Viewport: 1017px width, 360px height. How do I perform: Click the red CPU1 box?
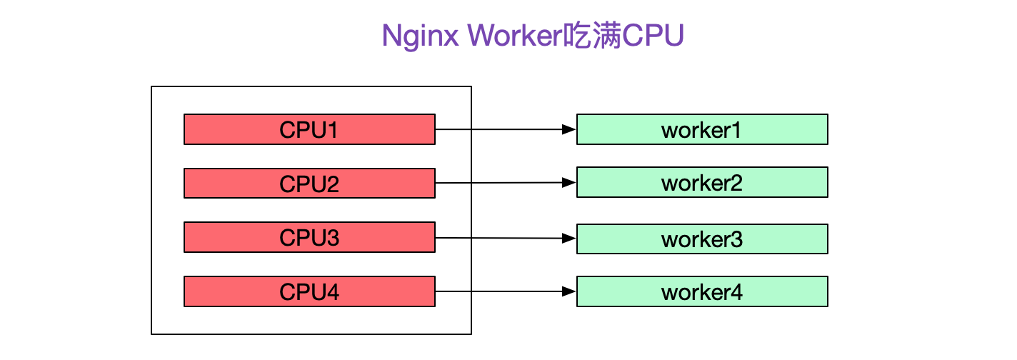coord(309,129)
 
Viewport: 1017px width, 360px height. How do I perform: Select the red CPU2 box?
coord(309,183)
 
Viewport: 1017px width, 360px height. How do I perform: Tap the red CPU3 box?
coord(309,237)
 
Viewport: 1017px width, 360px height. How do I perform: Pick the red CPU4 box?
coord(309,291)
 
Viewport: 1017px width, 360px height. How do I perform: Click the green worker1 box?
coord(702,129)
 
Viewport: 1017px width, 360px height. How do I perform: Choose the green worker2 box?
coord(702,182)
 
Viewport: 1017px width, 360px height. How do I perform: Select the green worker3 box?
coord(702,239)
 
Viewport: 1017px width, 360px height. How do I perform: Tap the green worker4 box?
coord(702,291)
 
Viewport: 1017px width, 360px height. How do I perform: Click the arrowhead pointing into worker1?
coord(569,129)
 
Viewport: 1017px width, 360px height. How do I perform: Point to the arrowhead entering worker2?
coord(569,183)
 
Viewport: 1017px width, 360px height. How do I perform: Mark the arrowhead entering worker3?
coord(569,238)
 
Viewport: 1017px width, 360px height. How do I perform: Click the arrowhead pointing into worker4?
coord(569,291)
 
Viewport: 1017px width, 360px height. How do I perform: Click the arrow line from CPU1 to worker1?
coord(500,129)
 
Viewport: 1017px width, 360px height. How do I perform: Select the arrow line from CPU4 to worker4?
coord(500,291)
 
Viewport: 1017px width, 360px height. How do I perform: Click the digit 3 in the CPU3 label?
coord(332,237)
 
